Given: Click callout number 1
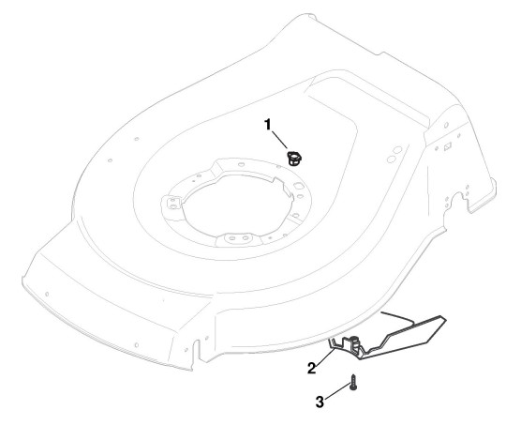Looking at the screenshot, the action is point(267,125).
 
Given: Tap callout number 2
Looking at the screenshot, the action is point(311,368).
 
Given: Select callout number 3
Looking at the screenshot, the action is point(320,402).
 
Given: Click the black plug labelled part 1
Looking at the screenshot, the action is point(294,159).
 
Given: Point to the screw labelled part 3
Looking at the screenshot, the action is point(353,382).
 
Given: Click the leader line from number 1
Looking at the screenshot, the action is point(280,140).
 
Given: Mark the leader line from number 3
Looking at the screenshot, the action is point(336,392).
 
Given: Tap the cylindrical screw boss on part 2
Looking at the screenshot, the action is point(355,343).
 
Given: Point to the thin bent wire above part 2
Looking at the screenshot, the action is point(398,317).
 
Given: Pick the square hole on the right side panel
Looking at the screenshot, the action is point(447,147).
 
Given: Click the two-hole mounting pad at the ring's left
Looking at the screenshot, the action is point(171,203).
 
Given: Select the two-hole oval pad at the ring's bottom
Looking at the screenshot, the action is point(238,238).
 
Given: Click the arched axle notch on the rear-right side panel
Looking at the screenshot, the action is point(457,202).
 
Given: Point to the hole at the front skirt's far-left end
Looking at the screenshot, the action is point(47,294).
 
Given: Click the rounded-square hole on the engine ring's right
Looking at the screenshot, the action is point(297,186).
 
